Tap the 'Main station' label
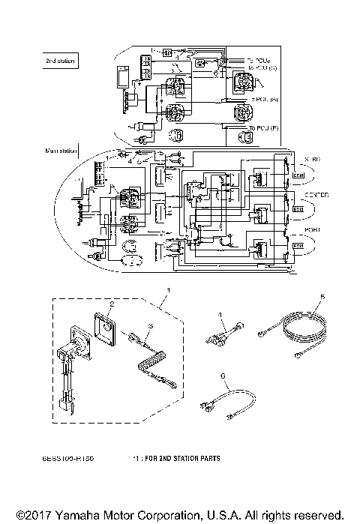point(61,151)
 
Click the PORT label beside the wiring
point(310,229)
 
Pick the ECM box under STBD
point(298,176)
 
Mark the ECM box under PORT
point(298,246)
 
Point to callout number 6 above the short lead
point(223,374)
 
